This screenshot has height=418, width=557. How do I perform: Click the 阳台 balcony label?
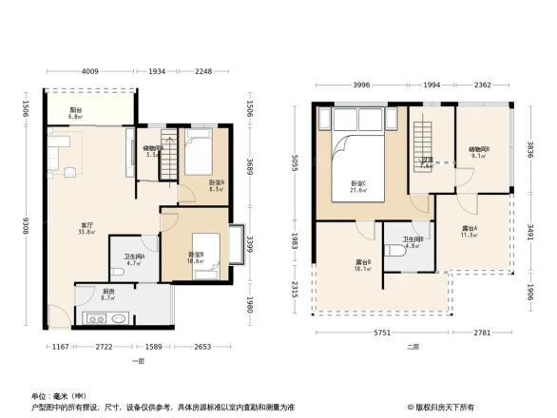[74, 111]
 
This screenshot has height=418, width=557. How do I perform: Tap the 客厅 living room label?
[86, 228]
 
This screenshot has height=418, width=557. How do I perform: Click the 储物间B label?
[479, 151]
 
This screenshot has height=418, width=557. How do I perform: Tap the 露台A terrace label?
[470, 231]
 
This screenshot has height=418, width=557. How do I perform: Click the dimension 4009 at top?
[89, 71]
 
